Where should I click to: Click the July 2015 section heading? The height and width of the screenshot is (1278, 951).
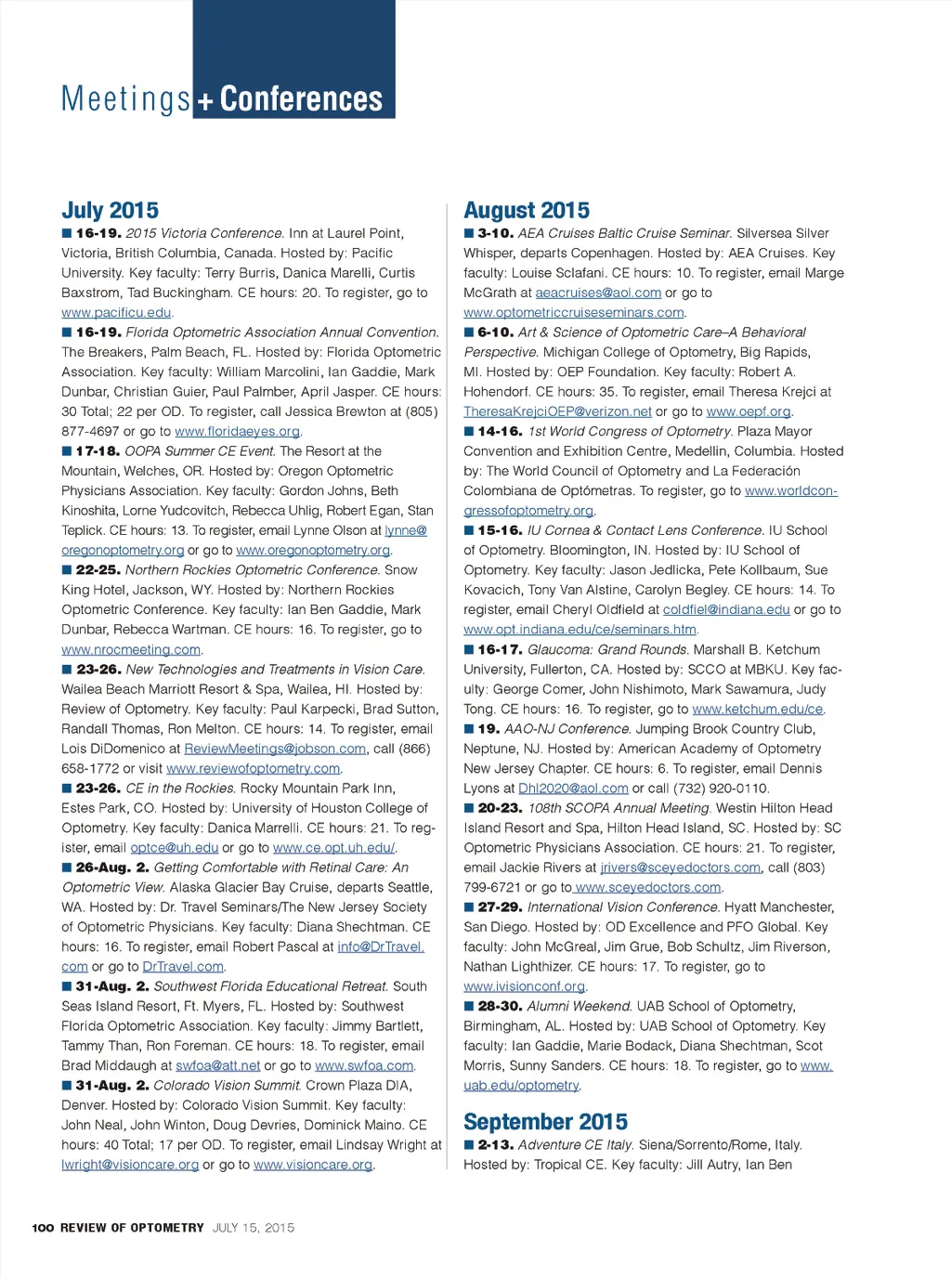coord(110,211)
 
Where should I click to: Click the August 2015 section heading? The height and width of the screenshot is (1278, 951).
coord(527,211)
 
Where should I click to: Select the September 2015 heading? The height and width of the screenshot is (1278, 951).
coord(545,1122)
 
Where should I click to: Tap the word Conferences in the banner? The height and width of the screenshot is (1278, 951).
coord(301,98)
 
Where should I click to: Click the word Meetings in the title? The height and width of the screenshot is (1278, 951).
coord(125,98)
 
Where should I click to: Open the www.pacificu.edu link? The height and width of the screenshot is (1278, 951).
coord(116,313)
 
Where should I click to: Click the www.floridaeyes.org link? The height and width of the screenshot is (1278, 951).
coord(237,431)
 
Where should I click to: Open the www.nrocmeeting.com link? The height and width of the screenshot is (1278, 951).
coord(131,650)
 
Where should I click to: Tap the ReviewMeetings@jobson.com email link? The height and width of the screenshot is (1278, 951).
coord(275,749)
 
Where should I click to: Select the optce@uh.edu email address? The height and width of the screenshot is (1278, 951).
coord(174,848)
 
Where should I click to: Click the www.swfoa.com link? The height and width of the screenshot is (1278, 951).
coord(364,1066)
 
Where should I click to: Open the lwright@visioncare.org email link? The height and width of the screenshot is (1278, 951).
coord(130,1165)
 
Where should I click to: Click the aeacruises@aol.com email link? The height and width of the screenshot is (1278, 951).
coord(598,293)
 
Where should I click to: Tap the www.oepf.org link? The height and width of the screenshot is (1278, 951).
coord(749,411)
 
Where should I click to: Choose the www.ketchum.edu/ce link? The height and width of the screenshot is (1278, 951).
coord(757,710)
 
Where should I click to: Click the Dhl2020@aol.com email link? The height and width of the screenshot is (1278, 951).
coord(573,789)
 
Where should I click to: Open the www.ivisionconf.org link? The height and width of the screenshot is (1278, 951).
coord(525,986)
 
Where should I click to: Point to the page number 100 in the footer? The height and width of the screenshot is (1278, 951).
coord(43,1228)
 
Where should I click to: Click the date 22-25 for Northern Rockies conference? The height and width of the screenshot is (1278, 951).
coord(97,570)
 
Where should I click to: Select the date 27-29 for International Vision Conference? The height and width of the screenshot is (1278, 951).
coord(500,907)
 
